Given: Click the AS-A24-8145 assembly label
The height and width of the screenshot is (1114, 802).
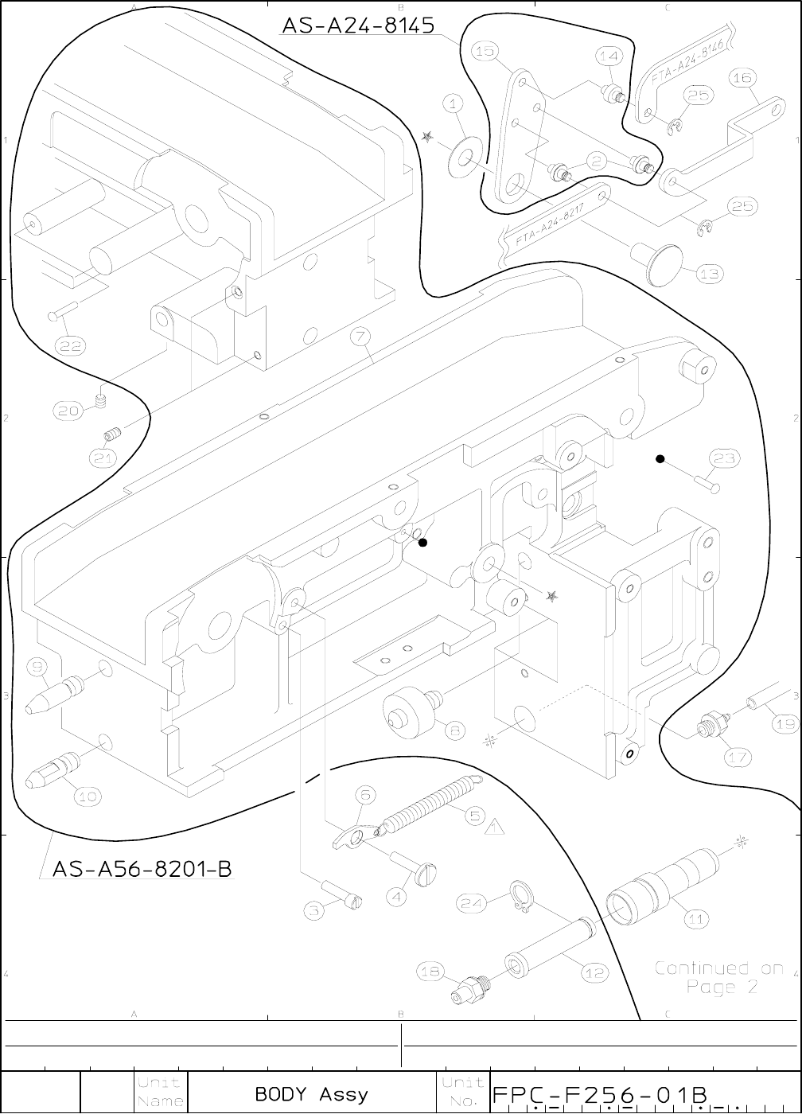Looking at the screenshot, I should pyautogui.click(x=358, y=26).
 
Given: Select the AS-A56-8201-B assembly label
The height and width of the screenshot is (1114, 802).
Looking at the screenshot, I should pyautogui.click(x=142, y=867).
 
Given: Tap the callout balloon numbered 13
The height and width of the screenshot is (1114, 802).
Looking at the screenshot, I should pyautogui.click(x=710, y=274).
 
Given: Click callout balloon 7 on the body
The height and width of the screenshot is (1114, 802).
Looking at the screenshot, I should pyautogui.click(x=360, y=337).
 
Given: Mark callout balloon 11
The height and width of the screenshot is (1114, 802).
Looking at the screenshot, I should pyautogui.click(x=696, y=918).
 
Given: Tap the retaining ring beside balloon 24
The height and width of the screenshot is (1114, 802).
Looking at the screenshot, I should pyautogui.click(x=520, y=898).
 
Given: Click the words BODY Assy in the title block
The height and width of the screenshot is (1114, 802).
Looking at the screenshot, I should pyautogui.click(x=311, y=1094).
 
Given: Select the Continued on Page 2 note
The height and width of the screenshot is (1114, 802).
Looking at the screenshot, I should pyautogui.click(x=718, y=978).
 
